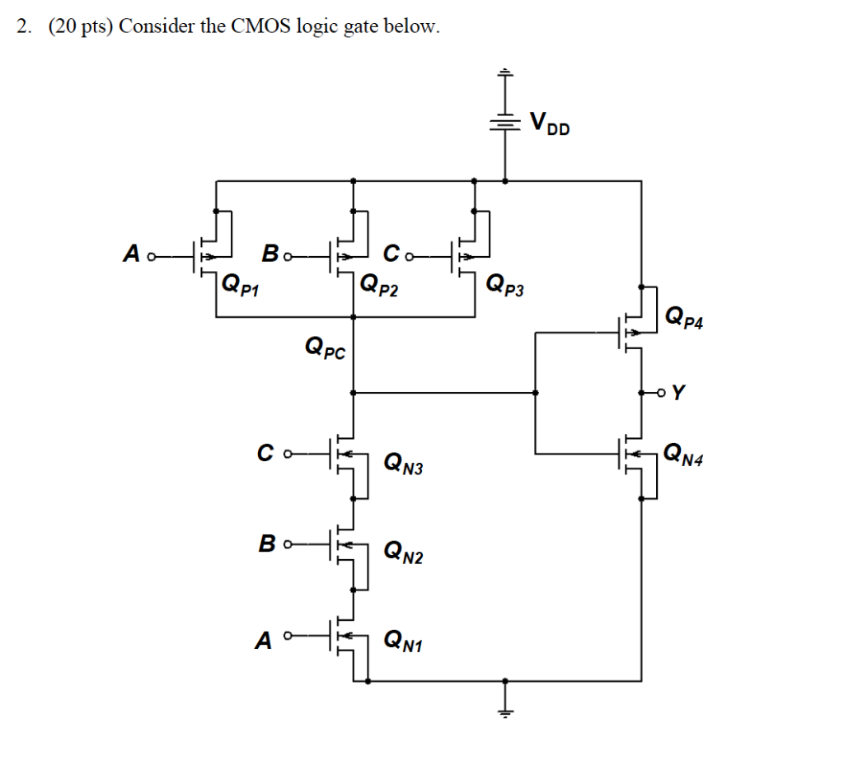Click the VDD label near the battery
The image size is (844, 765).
549,124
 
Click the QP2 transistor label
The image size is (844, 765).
380,285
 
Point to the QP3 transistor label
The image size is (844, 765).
504,285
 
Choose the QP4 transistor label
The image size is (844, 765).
683,316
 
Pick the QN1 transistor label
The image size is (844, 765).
403,640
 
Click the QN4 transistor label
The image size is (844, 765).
684,453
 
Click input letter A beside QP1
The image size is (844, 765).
131,254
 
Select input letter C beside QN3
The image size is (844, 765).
265,451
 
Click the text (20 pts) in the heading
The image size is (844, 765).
82,27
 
